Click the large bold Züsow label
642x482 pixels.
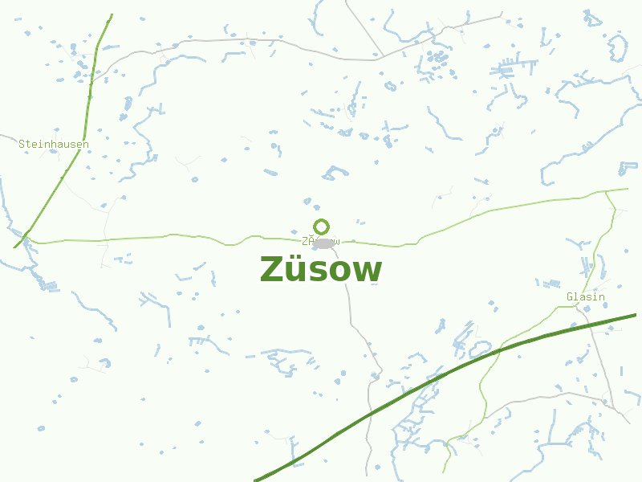[321, 270]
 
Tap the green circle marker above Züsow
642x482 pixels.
[321, 227]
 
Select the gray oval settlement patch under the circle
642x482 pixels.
[323, 243]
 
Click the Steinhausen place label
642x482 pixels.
[54, 144]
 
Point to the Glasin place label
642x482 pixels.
[586, 297]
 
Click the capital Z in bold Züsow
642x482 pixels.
[272, 270]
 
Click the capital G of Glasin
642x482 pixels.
[570, 297]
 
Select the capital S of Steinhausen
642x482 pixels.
[22, 144]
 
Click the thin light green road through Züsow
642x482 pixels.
[201, 238]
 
